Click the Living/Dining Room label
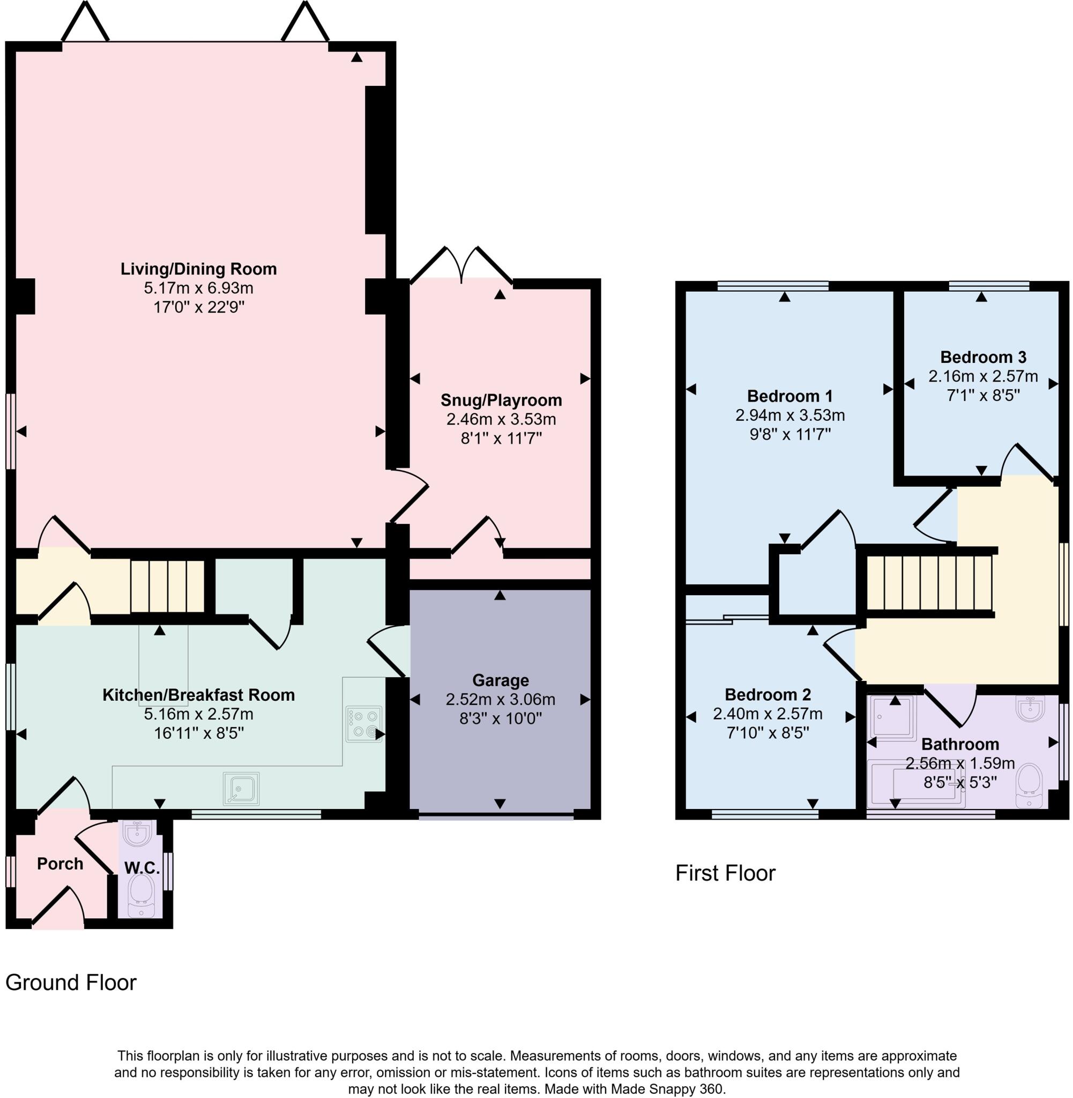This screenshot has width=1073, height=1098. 198,269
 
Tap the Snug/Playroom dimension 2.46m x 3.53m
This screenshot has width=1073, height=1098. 501,419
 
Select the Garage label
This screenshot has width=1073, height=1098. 501,680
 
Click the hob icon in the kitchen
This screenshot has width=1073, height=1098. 363,724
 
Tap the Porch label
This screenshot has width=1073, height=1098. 59,864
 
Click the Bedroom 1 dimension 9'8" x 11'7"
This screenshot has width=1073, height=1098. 789,435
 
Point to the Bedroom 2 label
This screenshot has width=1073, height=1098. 768,694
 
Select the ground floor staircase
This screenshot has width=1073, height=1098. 167,585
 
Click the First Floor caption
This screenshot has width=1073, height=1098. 725,873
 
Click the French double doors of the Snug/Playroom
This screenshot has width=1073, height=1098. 461,265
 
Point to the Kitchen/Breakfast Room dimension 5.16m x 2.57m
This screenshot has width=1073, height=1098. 198,714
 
